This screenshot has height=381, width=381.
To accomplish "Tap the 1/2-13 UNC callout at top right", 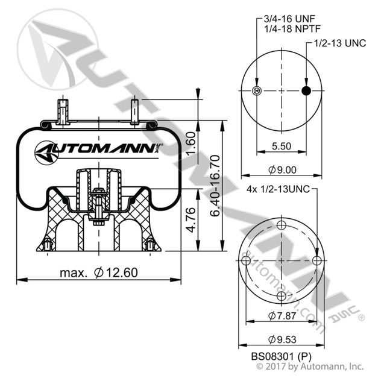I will pyautogui.click(x=341, y=44).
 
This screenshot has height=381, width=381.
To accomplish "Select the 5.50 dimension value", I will pyautogui.click(x=282, y=145).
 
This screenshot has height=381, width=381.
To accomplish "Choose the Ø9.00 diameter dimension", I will pyautogui.click(x=282, y=170).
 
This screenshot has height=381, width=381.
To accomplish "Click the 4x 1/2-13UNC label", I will pyautogui.click(x=278, y=189).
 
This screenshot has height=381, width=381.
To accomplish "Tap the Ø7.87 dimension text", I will pyautogui.click(x=282, y=315).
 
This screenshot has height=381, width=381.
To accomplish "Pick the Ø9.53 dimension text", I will pyautogui.click(x=282, y=338).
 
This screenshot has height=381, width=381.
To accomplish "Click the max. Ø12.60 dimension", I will pyautogui.click(x=99, y=272).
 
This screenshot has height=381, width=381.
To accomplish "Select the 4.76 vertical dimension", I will pyautogui.click(x=190, y=220).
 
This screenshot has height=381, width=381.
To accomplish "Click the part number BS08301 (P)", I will pyautogui.click(x=282, y=355).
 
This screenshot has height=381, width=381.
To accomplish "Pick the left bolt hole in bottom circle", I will pyautogui.click(x=245, y=261).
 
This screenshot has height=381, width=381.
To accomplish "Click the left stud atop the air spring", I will pyautogui.click(x=62, y=110).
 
